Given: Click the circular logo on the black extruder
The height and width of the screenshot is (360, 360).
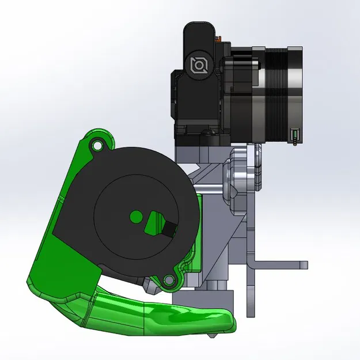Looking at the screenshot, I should coord(199,65).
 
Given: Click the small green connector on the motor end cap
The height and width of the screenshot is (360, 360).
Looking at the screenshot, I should coord(295,135).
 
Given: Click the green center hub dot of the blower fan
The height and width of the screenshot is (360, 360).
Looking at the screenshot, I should coord(135,217).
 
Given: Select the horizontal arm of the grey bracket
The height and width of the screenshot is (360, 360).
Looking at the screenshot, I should coord(276,266).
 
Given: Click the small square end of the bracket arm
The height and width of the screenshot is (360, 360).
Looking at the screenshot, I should coord(303,265).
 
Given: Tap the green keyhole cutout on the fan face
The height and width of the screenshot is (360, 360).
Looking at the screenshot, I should coord(154,221).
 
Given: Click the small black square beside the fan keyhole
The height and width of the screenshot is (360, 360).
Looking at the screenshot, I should coord(170,229).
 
